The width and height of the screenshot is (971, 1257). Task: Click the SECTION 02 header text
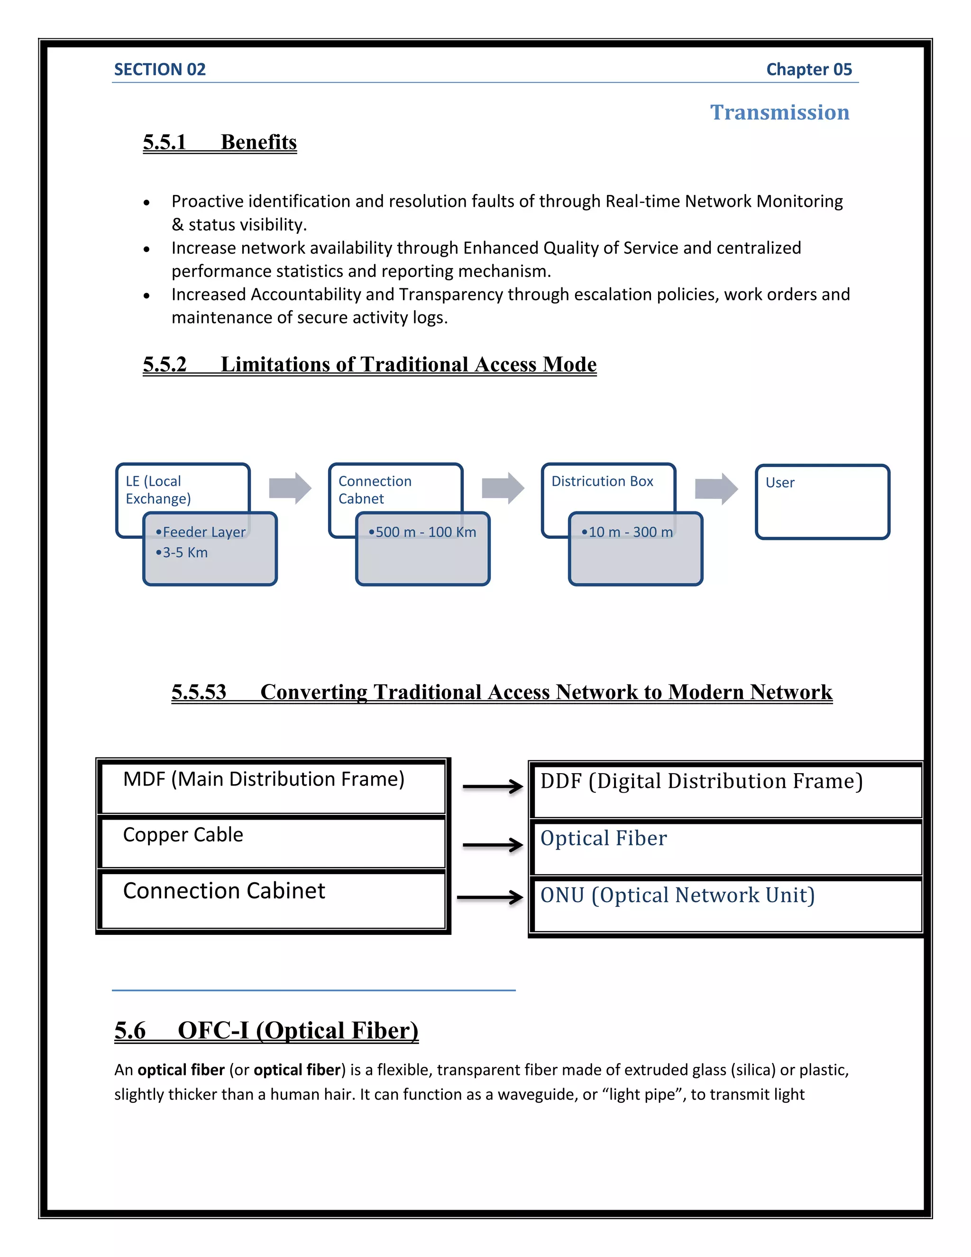[160, 70]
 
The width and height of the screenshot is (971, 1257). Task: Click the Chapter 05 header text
[808, 70]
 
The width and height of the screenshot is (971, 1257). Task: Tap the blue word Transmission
[779, 112]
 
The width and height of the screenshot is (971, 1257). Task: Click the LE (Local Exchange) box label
[158, 490]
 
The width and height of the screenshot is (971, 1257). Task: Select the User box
[822, 501]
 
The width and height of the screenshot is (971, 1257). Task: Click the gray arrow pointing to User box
[715, 489]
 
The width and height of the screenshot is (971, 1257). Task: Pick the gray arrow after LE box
[290, 488]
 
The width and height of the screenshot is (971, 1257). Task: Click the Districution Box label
[602, 481]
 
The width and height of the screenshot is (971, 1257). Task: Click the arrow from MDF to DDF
[493, 786]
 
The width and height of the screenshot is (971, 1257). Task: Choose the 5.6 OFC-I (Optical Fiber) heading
[266, 1030]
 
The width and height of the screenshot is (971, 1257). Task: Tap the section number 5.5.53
[199, 692]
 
